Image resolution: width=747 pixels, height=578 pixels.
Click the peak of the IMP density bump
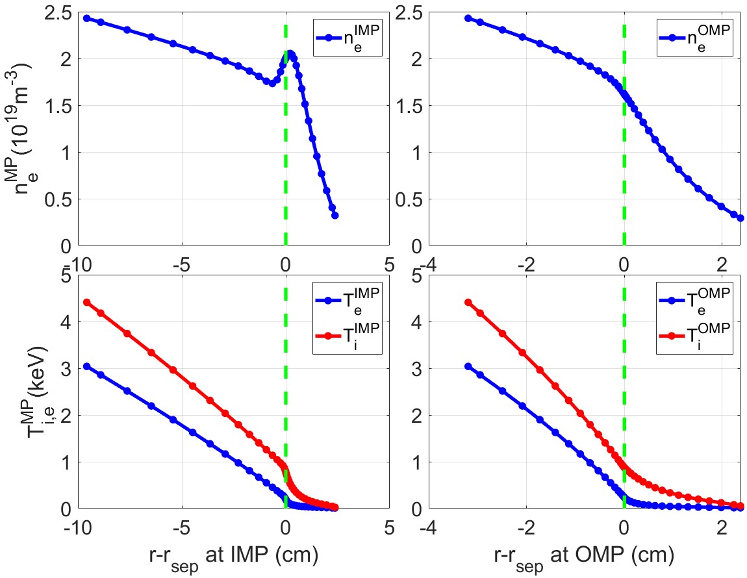[x=290, y=54]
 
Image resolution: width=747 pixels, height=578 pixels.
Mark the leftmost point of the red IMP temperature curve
[x=86, y=303]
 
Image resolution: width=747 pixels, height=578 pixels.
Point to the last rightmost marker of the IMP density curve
[x=335, y=216]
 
